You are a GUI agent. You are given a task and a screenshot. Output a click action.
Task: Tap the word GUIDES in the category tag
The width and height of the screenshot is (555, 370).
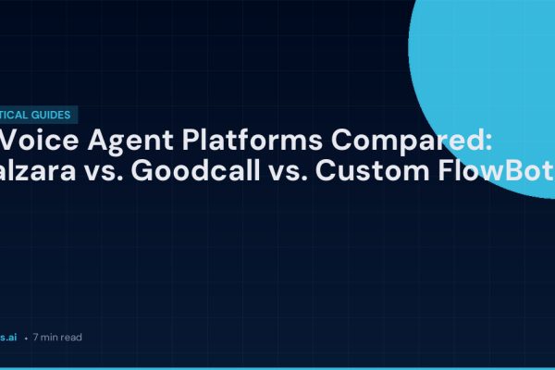tap(54, 116)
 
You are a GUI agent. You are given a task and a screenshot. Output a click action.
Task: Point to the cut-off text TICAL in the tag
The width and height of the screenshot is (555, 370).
tap(16, 116)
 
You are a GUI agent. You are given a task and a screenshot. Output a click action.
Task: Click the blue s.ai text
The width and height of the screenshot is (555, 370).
tap(8, 338)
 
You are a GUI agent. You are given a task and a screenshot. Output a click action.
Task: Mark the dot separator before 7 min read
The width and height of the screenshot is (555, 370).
tap(25, 339)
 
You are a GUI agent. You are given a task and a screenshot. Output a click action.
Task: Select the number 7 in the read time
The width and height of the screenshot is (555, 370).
tap(36, 338)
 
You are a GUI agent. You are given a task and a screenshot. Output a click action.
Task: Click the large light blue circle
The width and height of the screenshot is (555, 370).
tap(490, 83)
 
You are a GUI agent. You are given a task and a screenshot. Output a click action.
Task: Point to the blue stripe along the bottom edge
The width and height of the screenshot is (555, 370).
tap(277, 367)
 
